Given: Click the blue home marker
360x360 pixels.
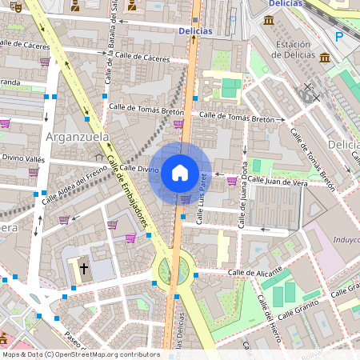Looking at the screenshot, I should click(x=180, y=172).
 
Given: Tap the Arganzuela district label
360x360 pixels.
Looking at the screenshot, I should click(x=78, y=138).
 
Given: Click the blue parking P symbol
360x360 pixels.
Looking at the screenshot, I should click(x=338, y=37).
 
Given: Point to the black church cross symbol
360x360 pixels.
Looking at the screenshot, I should click(x=83, y=268).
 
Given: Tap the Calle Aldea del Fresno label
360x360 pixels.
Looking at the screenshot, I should click(x=71, y=192).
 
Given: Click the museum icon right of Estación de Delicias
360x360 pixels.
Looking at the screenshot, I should click(x=325, y=58).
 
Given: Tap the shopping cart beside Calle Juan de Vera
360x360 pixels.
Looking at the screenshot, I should click(x=231, y=181).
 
